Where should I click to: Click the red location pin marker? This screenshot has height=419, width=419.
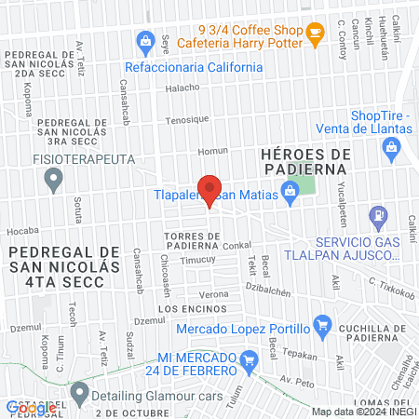click(209, 190)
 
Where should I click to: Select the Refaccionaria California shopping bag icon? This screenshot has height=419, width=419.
click(145, 41)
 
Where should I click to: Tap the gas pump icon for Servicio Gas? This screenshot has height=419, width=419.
click(378, 218)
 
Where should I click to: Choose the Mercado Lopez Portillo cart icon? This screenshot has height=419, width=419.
click(322, 325)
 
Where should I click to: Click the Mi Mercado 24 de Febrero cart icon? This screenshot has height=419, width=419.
click(248, 359)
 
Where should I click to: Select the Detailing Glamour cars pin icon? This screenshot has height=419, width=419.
click(79, 391)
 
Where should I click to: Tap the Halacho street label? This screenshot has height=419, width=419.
click(182, 88)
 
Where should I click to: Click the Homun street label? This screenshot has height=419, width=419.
click(213, 151)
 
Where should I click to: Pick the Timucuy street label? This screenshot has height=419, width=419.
click(196, 262)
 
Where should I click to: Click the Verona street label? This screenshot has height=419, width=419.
click(214, 293)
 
